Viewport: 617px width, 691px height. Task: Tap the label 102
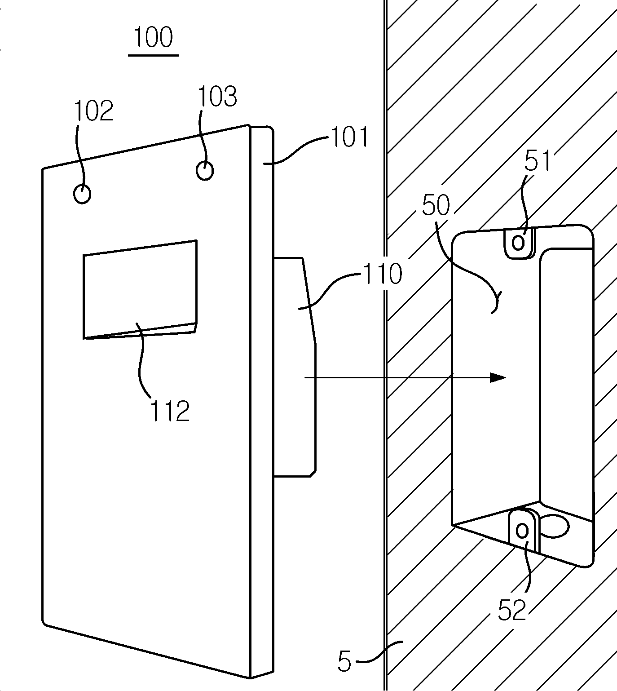[x=93, y=111]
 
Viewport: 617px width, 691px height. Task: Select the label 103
[x=217, y=97]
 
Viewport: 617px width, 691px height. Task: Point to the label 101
[x=349, y=137]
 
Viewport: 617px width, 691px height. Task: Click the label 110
[x=383, y=274]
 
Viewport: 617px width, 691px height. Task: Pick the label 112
[x=170, y=411]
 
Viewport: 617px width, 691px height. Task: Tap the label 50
[x=436, y=205]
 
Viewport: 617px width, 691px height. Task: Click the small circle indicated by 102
[x=82, y=194]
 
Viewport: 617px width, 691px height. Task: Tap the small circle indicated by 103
[x=205, y=171]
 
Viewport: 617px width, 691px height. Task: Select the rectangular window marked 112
[x=140, y=290]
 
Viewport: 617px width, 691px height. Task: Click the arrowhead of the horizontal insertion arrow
[x=498, y=377]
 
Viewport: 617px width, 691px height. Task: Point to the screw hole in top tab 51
[x=519, y=243]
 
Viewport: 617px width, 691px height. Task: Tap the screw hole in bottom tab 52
[x=522, y=530]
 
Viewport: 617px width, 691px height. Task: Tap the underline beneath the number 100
[x=154, y=55]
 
